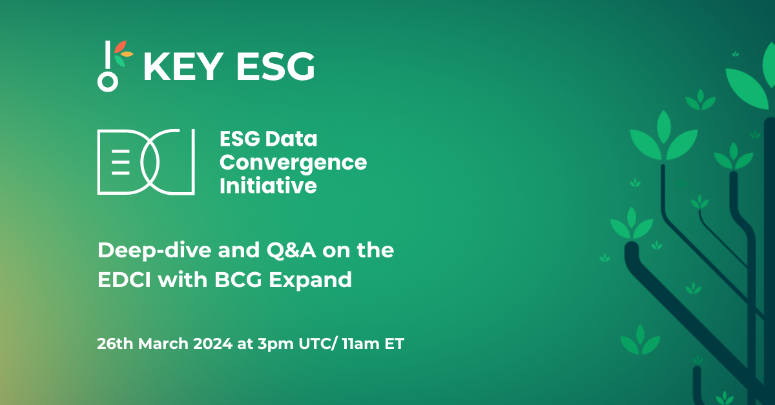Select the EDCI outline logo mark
tap(146, 161)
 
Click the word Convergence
tap(293, 163)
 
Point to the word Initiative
tap(268, 186)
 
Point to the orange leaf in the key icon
tap(127, 55)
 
